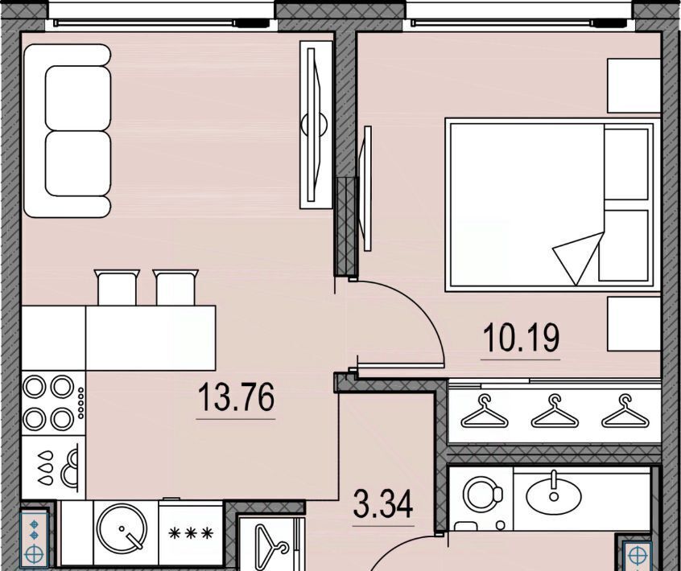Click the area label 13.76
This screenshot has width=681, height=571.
click(237, 396)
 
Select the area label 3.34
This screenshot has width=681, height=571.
click(382, 503)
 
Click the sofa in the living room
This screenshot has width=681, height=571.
click(68, 130)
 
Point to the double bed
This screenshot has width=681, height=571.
click(550, 204)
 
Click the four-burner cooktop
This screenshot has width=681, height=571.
click(53, 403)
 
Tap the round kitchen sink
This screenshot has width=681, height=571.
click(122, 528)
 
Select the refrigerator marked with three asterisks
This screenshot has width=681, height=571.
click(191, 533)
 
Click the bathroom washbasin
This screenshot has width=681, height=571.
click(554, 493)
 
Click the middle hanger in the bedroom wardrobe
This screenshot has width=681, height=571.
click(555, 411)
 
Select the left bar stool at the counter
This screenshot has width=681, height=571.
click(117, 287)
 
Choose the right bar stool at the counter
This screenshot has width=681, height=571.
click(175, 287)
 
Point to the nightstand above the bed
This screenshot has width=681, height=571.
click(634, 85)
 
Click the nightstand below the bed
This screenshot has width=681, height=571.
click(634, 323)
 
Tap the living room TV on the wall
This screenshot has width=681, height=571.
click(316, 125)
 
